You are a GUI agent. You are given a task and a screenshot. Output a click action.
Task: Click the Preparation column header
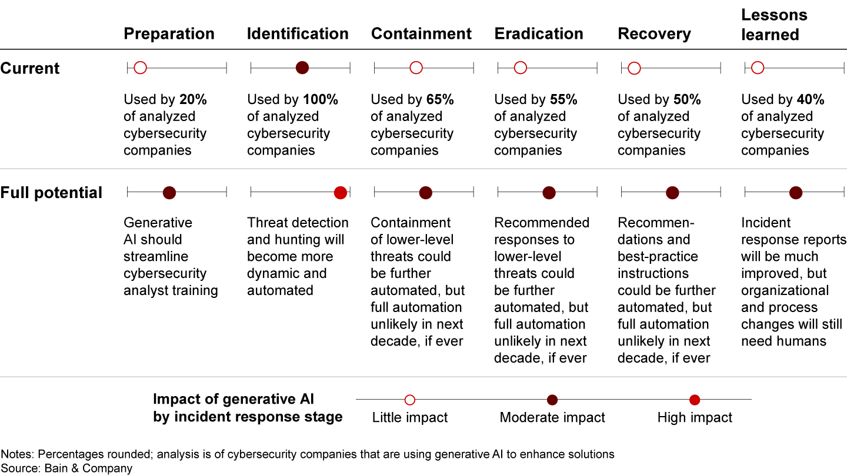[x=169, y=34]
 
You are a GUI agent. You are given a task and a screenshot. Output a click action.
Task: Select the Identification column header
[x=298, y=34]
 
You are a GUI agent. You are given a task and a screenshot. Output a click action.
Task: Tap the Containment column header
[x=421, y=34]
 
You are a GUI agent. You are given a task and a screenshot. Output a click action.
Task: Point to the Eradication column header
[x=539, y=34]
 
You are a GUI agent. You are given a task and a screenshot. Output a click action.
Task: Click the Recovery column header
[x=654, y=34]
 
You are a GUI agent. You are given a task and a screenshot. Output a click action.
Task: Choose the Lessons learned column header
[x=774, y=25]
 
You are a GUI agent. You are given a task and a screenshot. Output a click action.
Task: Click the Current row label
[x=30, y=68]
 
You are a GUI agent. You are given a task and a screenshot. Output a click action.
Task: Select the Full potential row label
[x=51, y=193]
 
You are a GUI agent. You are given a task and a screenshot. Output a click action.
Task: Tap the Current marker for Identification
[x=302, y=68]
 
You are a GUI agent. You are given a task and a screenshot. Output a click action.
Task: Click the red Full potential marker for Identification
[x=340, y=192]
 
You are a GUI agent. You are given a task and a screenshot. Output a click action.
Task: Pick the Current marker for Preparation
[x=140, y=68]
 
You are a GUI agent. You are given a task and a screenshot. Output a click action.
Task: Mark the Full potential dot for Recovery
[x=672, y=192]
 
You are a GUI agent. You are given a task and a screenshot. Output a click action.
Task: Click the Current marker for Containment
[x=416, y=68]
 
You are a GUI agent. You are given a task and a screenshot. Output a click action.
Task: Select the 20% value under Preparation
[x=193, y=100]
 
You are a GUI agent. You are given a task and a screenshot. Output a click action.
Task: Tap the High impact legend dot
[x=695, y=400]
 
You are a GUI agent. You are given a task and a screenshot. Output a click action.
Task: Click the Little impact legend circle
[x=410, y=400]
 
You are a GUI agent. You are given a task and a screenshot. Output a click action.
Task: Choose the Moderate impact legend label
[x=552, y=418]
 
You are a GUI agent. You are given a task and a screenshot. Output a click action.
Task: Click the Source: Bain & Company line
[x=66, y=468]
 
